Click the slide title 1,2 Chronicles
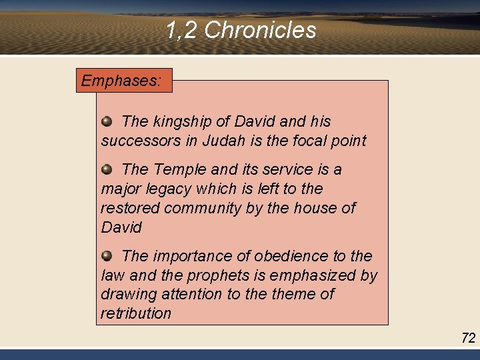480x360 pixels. (x=240, y=30)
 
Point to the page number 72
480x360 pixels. (x=468, y=338)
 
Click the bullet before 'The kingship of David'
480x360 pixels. (x=107, y=121)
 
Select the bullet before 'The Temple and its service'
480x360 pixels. (x=107, y=169)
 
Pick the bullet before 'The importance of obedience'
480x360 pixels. (x=107, y=255)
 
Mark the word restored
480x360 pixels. (x=130, y=209)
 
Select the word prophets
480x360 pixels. (x=213, y=275)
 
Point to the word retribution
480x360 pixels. (x=136, y=313)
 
